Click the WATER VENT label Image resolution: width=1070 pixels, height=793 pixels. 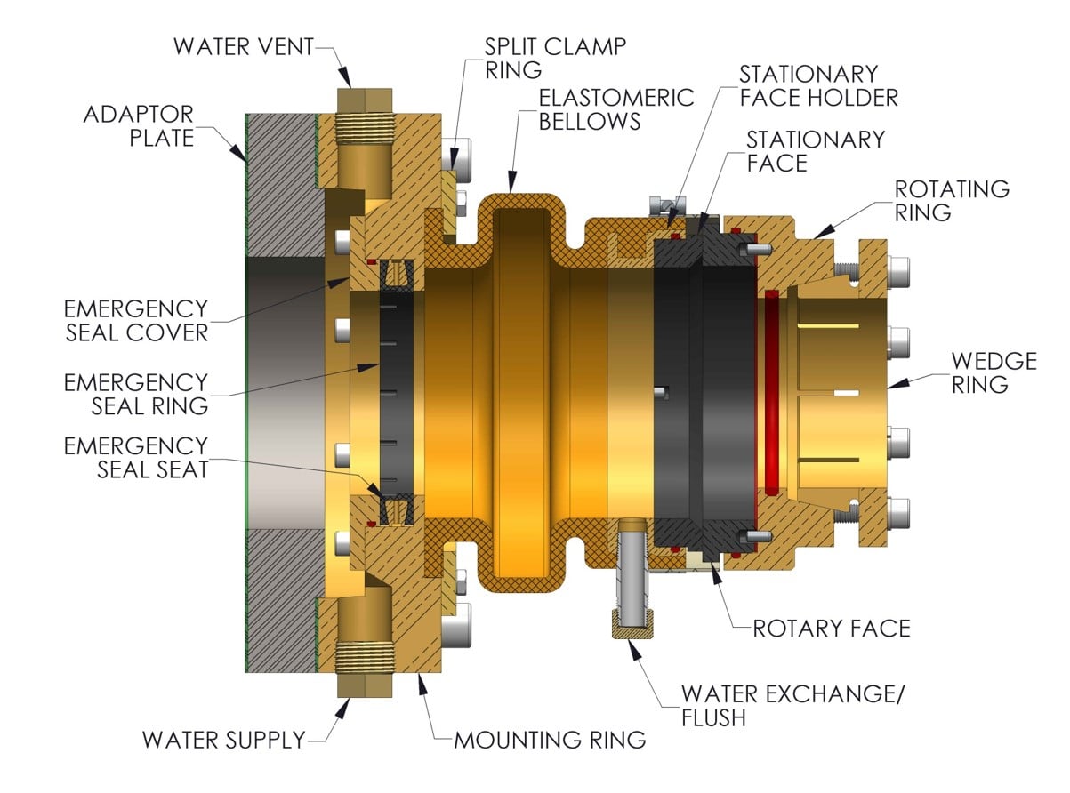(243, 46)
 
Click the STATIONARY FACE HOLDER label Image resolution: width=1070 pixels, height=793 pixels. (818, 84)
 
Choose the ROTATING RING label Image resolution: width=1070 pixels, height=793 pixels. (952, 201)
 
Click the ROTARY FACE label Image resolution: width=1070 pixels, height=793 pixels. (832, 629)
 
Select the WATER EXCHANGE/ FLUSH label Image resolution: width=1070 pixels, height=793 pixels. (792, 705)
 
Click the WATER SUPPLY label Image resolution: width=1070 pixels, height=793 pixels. (223, 740)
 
